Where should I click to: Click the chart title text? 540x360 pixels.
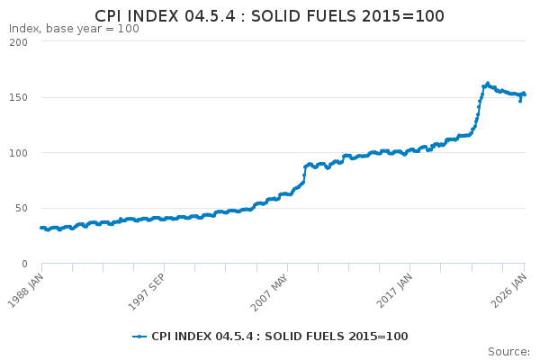pos(269,16)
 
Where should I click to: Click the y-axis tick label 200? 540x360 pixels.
pos(18,42)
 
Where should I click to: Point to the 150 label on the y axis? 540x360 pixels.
pos(18,97)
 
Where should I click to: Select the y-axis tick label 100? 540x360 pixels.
pos(18,153)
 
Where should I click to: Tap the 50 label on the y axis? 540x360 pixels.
pos(21,208)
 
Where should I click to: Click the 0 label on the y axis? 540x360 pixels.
pos(24,264)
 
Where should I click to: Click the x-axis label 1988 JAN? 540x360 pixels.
pos(26,291)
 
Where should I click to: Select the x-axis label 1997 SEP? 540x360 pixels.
pos(147,292)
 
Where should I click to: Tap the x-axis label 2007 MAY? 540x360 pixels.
pos(270,292)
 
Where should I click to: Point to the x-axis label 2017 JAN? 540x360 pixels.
pos(394,291)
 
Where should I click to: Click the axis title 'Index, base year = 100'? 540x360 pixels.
pos(74,29)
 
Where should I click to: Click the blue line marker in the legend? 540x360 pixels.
pos(139,337)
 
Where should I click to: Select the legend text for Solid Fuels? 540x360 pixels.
pos(280,337)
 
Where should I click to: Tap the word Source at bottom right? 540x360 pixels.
pos(508,352)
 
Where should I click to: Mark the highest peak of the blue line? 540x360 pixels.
pos(488,83)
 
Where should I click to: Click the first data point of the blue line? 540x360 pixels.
pos(41,228)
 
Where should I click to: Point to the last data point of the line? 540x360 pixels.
pos(525,94)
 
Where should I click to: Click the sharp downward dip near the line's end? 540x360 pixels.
pos(520,102)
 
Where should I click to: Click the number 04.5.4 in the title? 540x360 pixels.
pos(210,16)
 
